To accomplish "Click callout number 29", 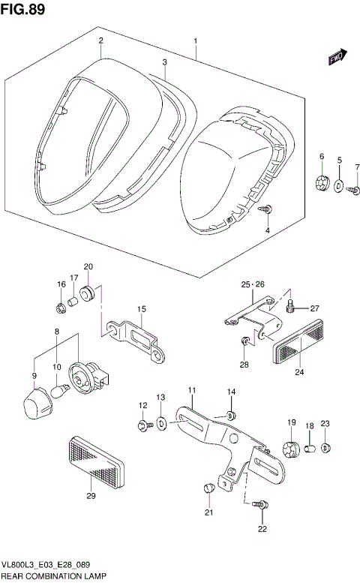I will tap(90, 496).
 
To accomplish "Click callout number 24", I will tap(298, 371).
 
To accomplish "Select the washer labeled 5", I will tap(339, 186).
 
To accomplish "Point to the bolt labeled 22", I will tap(259, 507).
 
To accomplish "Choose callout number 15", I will tap(140, 309).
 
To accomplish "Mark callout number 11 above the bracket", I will tap(191, 390).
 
